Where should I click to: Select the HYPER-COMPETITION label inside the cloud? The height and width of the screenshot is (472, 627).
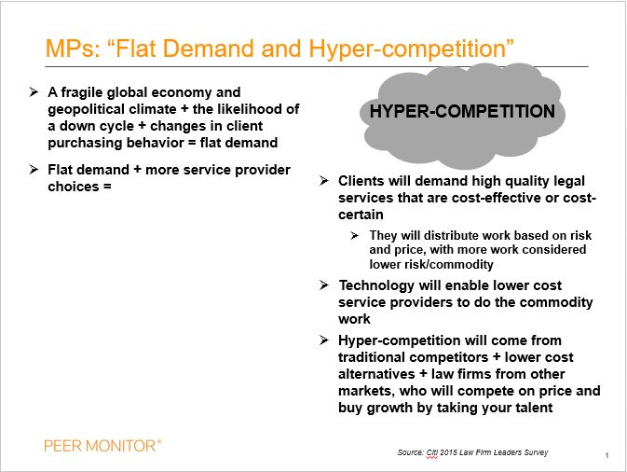pos(462,112)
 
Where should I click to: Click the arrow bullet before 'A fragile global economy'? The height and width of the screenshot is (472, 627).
pos(34,92)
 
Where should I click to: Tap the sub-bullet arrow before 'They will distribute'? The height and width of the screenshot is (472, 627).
pos(355,235)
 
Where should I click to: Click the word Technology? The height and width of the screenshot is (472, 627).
pos(375,285)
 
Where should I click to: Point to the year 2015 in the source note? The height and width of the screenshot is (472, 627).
pos(452,452)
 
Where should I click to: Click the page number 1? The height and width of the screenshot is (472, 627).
pos(607,455)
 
